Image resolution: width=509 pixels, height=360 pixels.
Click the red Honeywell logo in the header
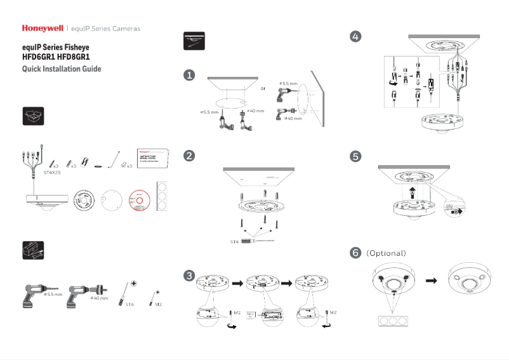point(43,29)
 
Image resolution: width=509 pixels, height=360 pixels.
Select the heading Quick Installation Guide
point(61,69)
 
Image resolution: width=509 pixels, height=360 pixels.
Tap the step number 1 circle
point(189,76)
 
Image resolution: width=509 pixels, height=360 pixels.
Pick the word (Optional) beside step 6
point(386,253)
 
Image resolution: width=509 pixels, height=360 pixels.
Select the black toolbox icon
point(33,250)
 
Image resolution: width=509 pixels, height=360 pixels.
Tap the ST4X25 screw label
point(52,172)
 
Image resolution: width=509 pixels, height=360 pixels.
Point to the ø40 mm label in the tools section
point(99,298)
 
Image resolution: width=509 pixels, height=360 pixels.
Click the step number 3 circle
point(189,276)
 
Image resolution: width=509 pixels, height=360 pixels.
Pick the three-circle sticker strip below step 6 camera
point(392,321)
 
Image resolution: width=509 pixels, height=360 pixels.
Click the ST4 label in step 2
point(234,242)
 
